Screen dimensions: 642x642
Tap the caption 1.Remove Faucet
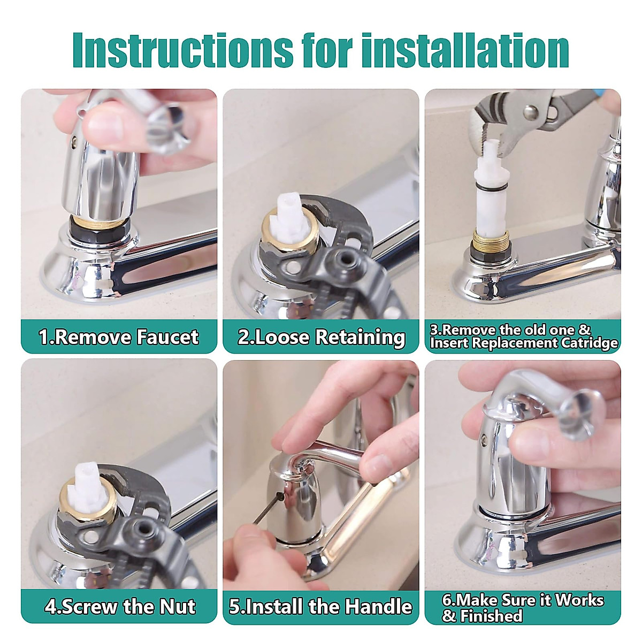coord(119,337)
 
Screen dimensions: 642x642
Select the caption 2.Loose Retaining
coord(321,337)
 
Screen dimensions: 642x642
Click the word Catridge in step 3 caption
coord(589,343)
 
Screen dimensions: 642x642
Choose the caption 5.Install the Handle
coord(320,607)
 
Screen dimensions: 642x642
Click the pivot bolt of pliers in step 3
coord(531,112)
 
